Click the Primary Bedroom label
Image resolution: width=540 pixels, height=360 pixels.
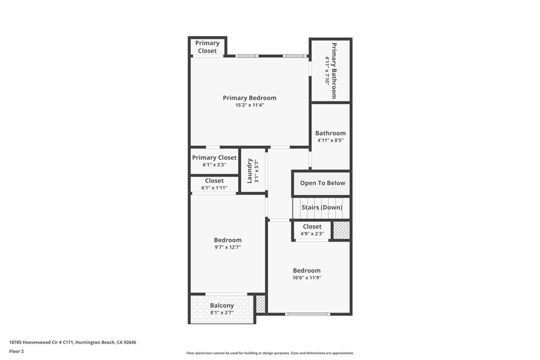coord(249,98)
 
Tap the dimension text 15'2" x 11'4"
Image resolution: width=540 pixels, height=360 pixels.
coord(249,105)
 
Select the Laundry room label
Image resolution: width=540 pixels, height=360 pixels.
coord(249,171)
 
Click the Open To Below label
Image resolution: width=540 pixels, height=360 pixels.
coord(322,183)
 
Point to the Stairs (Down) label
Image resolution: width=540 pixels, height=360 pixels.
coord(322,208)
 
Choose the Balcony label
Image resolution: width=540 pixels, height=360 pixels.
coord(222,306)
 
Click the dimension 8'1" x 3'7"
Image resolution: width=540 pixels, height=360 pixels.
coord(222,313)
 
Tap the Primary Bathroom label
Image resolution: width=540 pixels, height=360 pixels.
coord(334,71)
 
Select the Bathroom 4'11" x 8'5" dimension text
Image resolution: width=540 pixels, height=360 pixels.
coord(330,140)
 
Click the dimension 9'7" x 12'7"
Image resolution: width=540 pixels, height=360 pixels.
coord(228,247)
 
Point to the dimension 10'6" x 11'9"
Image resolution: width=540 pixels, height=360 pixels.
coord(306,278)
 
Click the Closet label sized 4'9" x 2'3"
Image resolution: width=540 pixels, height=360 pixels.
coord(312,227)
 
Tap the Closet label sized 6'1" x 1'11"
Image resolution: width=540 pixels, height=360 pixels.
coord(214,181)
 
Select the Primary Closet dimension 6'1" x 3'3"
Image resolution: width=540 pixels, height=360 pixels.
coord(214,165)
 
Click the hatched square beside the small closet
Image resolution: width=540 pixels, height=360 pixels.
coord(341,230)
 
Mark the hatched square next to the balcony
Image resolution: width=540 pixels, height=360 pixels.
coord(261,304)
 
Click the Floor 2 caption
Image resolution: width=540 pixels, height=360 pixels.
coord(16,352)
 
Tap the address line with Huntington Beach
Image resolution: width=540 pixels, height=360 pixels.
coord(73,343)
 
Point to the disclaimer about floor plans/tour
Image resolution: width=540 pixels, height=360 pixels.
coord(270,353)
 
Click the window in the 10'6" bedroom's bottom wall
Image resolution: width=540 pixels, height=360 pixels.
coord(307,314)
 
